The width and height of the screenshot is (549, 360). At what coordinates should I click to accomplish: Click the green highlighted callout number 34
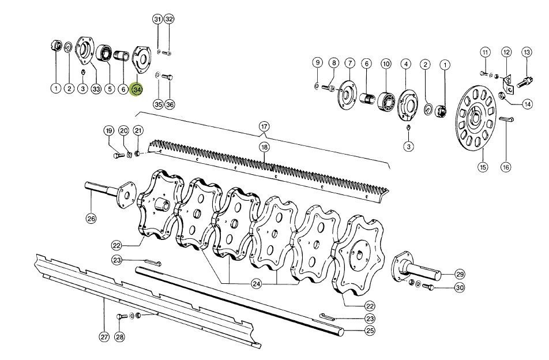137,90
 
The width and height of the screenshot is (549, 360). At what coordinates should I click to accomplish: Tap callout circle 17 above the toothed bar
264,126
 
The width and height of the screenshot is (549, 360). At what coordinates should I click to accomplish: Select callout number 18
264,148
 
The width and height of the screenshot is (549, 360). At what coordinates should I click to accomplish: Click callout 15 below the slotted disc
482,167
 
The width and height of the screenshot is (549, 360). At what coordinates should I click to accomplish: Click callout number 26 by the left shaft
92,219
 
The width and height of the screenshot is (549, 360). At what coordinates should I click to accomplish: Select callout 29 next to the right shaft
460,273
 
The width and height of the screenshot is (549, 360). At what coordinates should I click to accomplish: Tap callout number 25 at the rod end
370,331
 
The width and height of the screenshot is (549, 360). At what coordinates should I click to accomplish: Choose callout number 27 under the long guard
104,336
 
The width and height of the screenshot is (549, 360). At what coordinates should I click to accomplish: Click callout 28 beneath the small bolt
119,336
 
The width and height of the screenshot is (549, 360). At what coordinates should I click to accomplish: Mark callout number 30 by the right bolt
459,288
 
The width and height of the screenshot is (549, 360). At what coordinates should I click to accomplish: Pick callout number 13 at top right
526,52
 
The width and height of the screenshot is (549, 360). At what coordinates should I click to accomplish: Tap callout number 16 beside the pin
505,167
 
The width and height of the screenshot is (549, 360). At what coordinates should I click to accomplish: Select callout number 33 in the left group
96,89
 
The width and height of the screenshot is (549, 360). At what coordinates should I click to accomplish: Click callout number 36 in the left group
170,104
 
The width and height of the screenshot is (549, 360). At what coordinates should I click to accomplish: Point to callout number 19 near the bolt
109,131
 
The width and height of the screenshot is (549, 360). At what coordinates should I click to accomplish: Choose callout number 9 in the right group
317,62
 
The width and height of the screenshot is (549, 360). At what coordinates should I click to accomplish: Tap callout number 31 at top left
157,19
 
